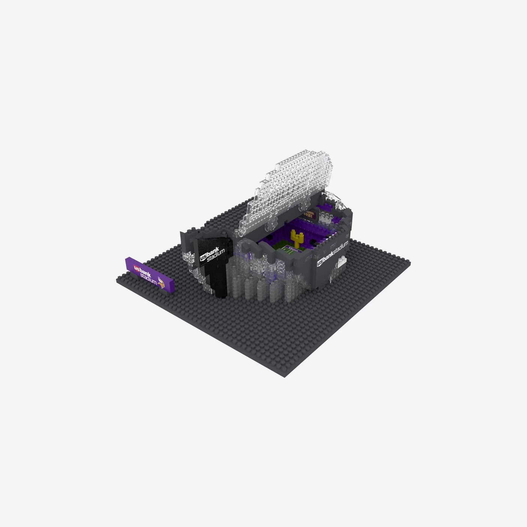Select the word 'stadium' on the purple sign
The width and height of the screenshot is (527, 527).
pyautogui.click(x=148, y=278)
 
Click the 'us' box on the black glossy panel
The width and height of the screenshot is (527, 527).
pyautogui.click(x=203, y=258)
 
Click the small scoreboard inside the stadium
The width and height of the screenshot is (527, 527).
pyautogui.click(x=310, y=215)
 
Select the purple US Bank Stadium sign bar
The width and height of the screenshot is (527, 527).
pyautogui.click(x=150, y=275)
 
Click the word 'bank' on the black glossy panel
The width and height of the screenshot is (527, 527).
pyautogui.click(x=212, y=250)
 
